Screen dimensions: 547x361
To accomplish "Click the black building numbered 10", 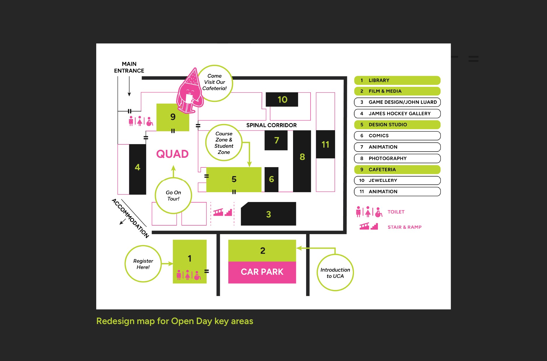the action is [x=282, y=100].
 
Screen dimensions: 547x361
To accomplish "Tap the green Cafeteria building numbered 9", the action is [x=173, y=117].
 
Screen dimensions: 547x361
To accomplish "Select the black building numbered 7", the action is [x=276, y=140].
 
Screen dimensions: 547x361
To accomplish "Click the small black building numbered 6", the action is [x=271, y=179].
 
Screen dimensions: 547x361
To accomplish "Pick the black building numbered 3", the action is [x=268, y=214].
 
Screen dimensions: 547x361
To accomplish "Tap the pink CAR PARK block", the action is [x=262, y=272].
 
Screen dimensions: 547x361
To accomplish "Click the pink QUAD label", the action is [x=172, y=154].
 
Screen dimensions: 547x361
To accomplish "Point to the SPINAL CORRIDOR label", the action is [x=271, y=125].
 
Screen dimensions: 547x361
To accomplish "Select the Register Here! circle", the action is [x=143, y=264].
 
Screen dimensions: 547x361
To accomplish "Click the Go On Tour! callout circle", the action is [x=173, y=196].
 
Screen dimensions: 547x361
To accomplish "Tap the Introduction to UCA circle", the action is [x=335, y=273].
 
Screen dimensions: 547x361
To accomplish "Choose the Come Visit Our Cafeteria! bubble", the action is [x=215, y=83].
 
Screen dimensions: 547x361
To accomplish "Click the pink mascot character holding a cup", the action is [x=189, y=91].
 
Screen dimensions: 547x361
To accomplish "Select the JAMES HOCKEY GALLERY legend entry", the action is [x=397, y=114].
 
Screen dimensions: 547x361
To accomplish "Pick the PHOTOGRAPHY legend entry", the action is [x=397, y=158].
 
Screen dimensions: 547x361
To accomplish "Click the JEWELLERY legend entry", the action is [x=397, y=180].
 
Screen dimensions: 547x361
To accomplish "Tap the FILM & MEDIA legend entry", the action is [x=397, y=91].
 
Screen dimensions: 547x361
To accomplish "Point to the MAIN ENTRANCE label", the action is [x=129, y=67].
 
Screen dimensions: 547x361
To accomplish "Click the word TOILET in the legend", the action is [x=396, y=212].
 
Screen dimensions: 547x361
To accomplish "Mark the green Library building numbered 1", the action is [x=190, y=261].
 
